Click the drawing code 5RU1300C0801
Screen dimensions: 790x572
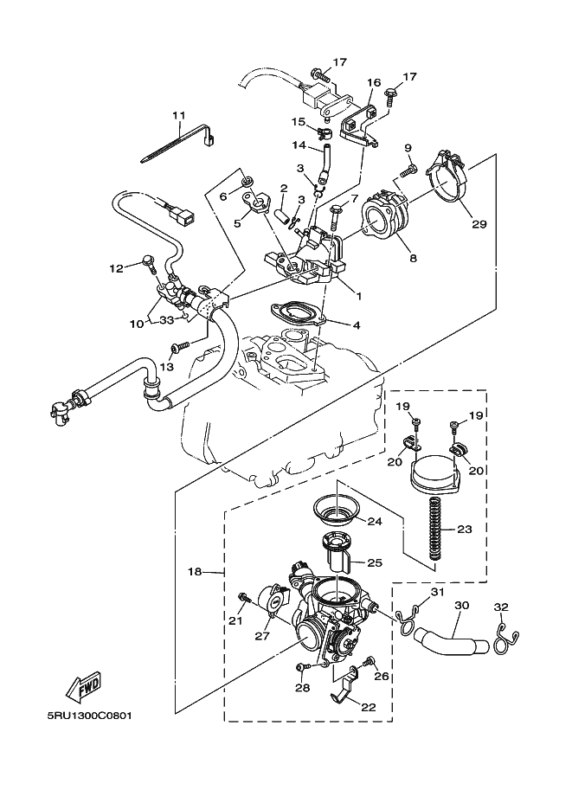[90, 716]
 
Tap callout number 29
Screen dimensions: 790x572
[479, 224]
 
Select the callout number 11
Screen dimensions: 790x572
[178, 115]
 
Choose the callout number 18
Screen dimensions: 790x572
[195, 572]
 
